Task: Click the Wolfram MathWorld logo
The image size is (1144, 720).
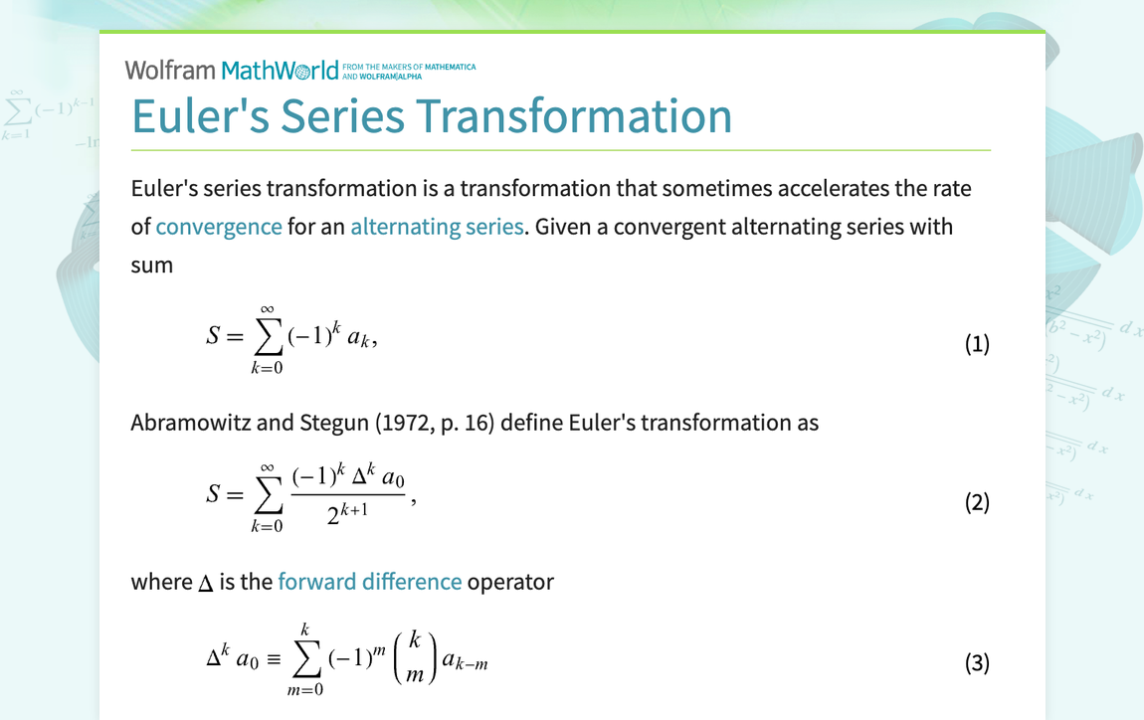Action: (x=299, y=71)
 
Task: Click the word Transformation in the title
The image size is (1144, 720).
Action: (x=574, y=116)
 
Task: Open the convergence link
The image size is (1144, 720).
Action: (x=219, y=227)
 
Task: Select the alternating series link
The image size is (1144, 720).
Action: (x=437, y=227)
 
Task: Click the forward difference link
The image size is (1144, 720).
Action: (x=370, y=582)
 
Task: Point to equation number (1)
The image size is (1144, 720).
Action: (x=977, y=343)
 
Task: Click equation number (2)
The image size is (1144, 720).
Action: (x=977, y=502)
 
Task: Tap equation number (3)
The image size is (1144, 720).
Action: (x=977, y=662)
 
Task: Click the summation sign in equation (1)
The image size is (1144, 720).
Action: (x=267, y=336)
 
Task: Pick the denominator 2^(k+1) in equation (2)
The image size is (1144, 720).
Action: (x=347, y=513)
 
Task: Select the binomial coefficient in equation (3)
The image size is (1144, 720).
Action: (x=415, y=658)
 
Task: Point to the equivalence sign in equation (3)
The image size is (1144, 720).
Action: (x=274, y=660)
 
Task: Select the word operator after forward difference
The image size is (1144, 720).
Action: (x=510, y=582)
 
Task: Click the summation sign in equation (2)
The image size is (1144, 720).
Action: (x=267, y=495)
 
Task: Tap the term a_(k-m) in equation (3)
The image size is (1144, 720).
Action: (x=465, y=661)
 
